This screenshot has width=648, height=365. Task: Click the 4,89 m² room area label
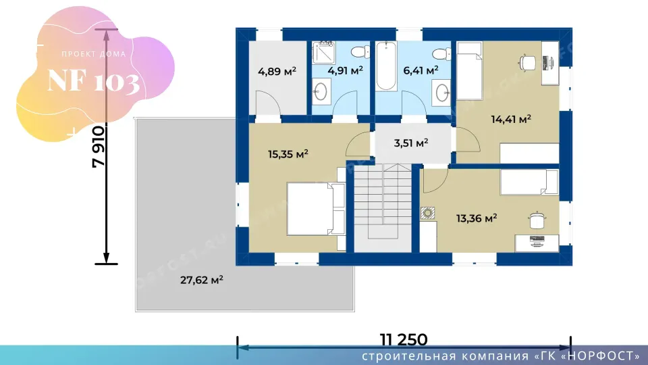pyautogui.click(x=277, y=71)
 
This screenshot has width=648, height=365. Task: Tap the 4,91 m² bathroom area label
pyautogui.click(x=345, y=70)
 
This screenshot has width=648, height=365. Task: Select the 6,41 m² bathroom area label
pyautogui.click(x=421, y=70)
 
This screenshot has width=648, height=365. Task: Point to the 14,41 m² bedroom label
pyautogui.click(x=511, y=119)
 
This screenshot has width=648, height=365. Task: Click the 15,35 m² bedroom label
pyautogui.click(x=288, y=154)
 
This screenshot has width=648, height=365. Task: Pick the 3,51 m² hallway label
pyautogui.click(x=411, y=143)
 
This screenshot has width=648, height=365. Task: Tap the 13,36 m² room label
pyautogui.click(x=477, y=218)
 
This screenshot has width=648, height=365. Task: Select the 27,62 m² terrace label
pyautogui.click(x=202, y=280)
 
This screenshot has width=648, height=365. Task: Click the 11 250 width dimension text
pyautogui.click(x=404, y=340)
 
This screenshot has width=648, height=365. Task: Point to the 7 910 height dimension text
pyautogui.click(x=99, y=147)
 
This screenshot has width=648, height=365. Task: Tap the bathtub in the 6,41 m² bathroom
pyautogui.click(x=386, y=66)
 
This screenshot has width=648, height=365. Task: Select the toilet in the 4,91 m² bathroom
pyautogui.click(x=360, y=52)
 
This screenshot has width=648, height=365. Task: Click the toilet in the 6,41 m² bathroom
pyautogui.click(x=441, y=54)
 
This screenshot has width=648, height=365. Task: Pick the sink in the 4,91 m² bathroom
pyautogui.click(x=321, y=91)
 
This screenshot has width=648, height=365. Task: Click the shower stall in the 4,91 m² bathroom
pyautogui.click(x=323, y=53)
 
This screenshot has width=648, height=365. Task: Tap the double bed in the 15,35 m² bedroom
pyautogui.click(x=316, y=209)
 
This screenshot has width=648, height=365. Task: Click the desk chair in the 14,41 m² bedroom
pyautogui.click(x=527, y=64)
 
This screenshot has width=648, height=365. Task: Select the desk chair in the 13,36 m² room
pyautogui.click(x=537, y=220)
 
